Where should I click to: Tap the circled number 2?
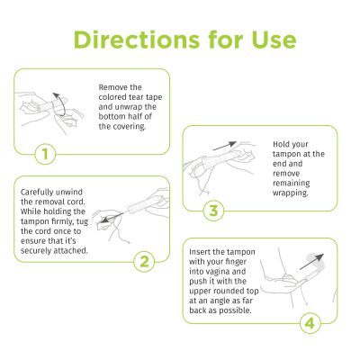point(142,262)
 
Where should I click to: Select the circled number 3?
point(213,211)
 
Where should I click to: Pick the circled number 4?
point(309,321)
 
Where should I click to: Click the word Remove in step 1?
point(112,87)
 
